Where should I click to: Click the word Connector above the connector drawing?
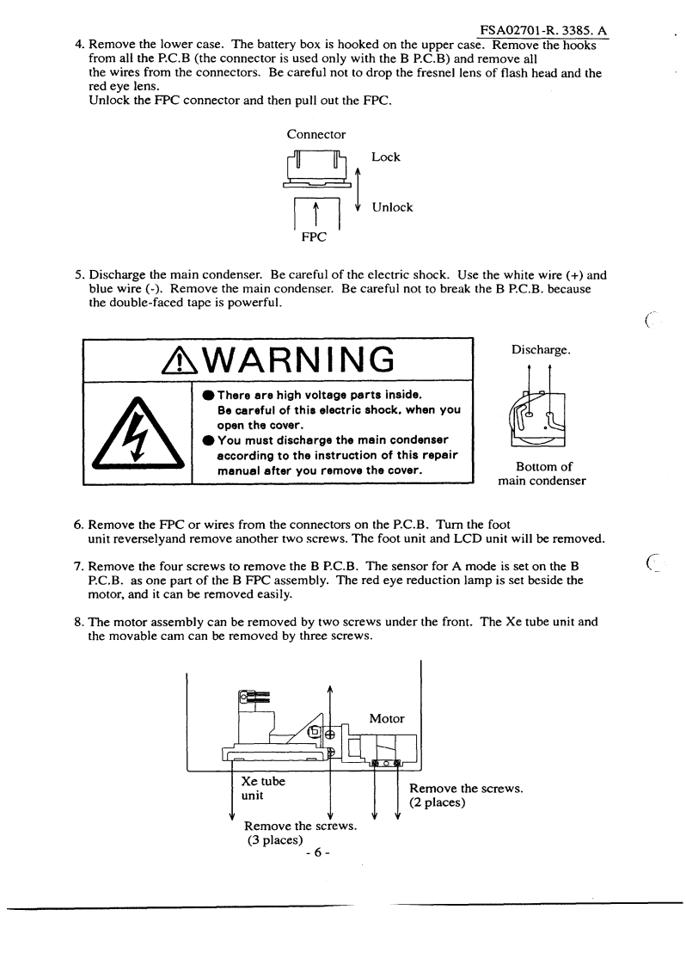point(316,134)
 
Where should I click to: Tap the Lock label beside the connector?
point(386,157)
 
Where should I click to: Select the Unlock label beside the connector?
point(392,207)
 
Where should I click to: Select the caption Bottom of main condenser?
point(542,473)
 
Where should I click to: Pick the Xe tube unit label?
point(262,790)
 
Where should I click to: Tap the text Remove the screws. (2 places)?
point(467,796)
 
